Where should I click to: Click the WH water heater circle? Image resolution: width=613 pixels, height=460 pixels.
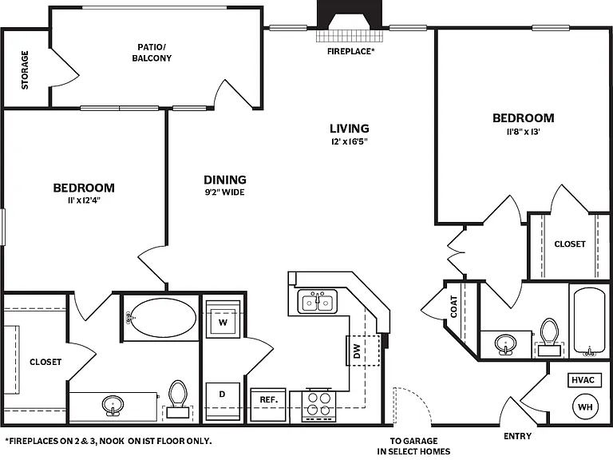click(x=585, y=406)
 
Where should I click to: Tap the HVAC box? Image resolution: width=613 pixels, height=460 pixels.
click(x=583, y=380)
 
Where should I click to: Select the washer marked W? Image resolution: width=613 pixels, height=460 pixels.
click(x=223, y=319)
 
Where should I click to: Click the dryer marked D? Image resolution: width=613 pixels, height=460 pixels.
click(x=223, y=401)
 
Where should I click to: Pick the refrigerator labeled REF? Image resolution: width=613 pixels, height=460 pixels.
click(x=268, y=404)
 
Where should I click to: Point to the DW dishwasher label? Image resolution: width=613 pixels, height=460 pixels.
click(x=357, y=351)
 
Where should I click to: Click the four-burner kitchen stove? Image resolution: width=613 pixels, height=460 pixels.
click(x=318, y=405)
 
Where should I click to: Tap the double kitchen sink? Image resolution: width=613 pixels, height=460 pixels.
click(x=318, y=302)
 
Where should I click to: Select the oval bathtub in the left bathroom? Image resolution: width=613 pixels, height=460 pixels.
click(x=163, y=317)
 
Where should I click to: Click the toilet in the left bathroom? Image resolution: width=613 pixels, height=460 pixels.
click(x=178, y=399)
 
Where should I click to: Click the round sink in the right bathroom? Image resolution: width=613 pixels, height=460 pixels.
click(x=505, y=344)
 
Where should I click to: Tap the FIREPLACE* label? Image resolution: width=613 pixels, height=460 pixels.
click(x=351, y=51)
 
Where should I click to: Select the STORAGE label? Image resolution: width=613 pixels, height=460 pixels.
click(x=25, y=70)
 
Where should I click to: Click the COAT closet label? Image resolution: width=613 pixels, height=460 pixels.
click(x=454, y=307)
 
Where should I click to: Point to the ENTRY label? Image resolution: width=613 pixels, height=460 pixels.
click(x=517, y=436)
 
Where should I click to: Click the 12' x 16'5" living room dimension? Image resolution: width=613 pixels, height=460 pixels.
click(x=350, y=141)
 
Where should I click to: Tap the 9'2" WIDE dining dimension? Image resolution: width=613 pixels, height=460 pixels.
click(x=225, y=192)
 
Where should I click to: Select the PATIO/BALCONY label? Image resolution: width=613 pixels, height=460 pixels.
click(x=152, y=53)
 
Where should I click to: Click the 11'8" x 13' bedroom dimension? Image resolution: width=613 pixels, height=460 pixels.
click(x=524, y=132)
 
